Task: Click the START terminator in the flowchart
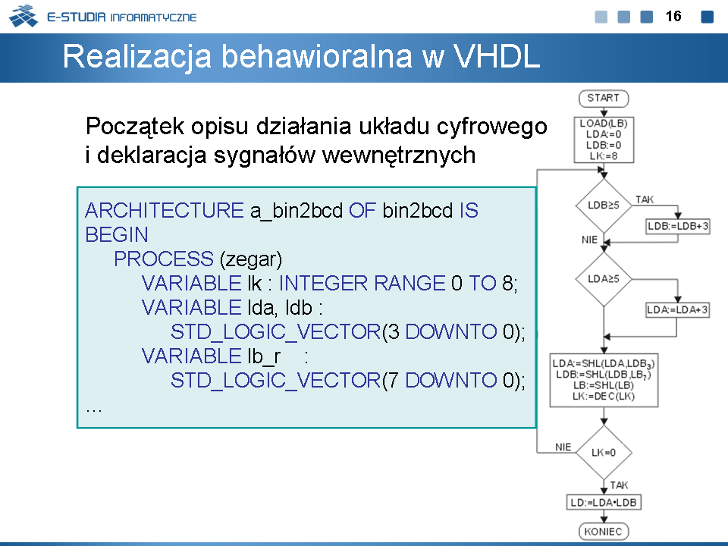tap(604, 99)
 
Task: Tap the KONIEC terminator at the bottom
tap(604, 531)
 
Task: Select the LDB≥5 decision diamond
tap(604, 206)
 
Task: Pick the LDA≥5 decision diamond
tap(604, 279)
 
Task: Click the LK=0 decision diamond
tap(604, 452)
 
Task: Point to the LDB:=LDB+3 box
tap(678, 226)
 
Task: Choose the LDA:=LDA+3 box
tap(678, 309)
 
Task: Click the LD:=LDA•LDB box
tap(604, 502)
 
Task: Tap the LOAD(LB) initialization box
tap(604, 140)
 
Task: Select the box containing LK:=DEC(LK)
tap(604, 380)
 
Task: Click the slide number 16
tap(673, 16)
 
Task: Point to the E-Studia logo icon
tap(24, 15)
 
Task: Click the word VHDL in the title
tap(496, 57)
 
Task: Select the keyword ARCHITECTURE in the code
tap(165, 210)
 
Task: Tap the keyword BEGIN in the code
tap(117, 234)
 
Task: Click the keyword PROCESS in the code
tap(164, 259)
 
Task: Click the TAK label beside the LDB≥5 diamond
tap(645, 199)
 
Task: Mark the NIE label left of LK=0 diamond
tap(563, 447)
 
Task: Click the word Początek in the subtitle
tap(135, 127)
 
